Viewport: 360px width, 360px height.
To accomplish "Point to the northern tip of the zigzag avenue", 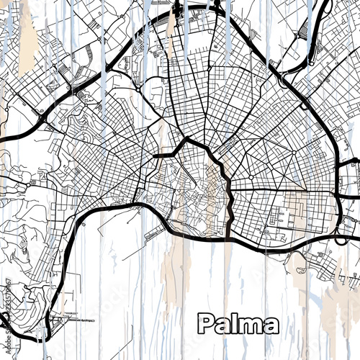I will click(187, 139).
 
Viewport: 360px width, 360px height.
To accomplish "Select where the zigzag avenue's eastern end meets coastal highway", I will click(229, 238).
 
